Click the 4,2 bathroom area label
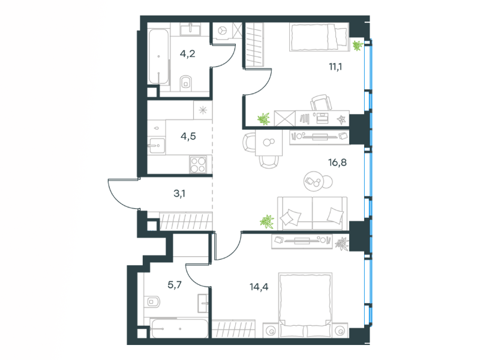(x=187, y=54)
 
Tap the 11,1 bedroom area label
(x=335, y=67)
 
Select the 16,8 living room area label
(x=337, y=162)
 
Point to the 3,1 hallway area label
(x=179, y=193)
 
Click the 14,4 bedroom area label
(x=259, y=287)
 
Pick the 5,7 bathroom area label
(x=175, y=285)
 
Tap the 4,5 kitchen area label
(x=188, y=136)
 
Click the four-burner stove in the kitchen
(x=198, y=164)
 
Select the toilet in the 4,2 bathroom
(x=185, y=82)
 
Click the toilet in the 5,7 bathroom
(x=152, y=302)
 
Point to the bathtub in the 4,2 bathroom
(x=158, y=56)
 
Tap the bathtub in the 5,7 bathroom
(x=179, y=329)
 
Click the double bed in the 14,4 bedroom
(x=305, y=305)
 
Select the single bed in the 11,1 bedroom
(x=319, y=37)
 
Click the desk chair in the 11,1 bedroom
(x=321, y=103)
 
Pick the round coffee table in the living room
(x=314, y=181)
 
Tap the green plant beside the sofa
(x=266, y=221)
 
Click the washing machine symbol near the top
(x=223, y=31)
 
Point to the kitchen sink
(x=157, y=145)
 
